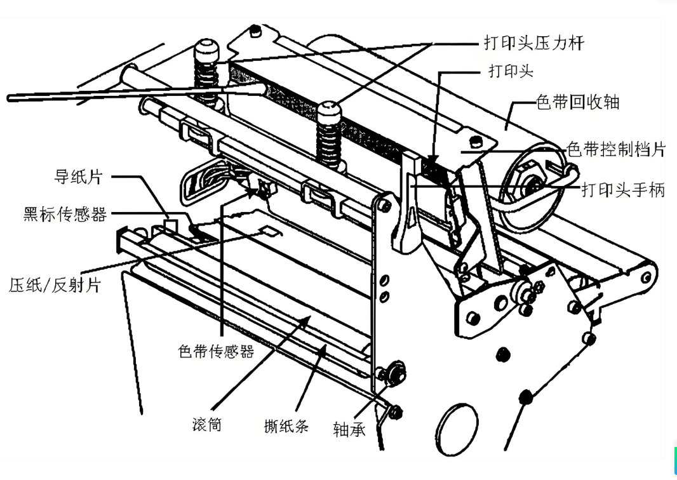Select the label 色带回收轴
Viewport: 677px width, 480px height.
coord(577,102)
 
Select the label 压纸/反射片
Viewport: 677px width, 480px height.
coord(55,284)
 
